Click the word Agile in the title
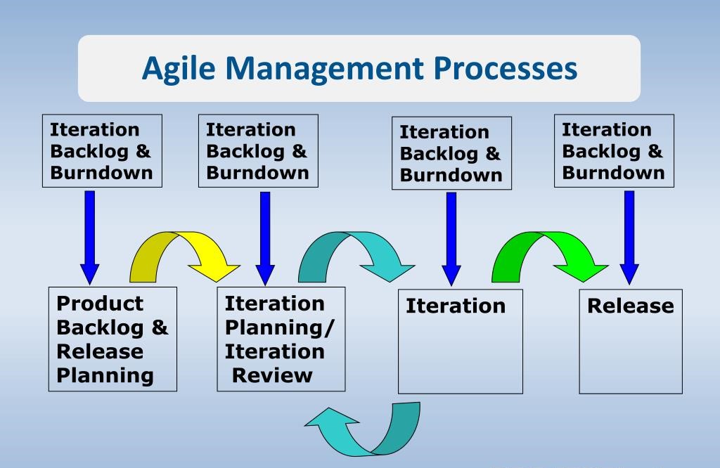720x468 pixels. point(179,70)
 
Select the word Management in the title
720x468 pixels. point(325,70)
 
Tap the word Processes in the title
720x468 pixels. point(506,68)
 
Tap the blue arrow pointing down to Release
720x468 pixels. point(629,238)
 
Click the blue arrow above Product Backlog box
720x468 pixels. point(90,238)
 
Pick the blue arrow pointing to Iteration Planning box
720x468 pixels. point(265,239)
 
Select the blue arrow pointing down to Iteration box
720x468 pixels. point(451,239)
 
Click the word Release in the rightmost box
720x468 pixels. point(631,306)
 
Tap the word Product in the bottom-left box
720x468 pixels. point(100,304)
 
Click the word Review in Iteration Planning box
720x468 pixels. point(272,375)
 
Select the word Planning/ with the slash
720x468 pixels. point(280,328)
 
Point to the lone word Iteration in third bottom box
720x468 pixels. point(456,306)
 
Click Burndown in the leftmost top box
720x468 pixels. point(101,173)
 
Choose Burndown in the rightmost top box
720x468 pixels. point(613,173)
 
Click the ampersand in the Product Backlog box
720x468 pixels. point(160,327)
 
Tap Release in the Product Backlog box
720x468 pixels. point(100,351)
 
